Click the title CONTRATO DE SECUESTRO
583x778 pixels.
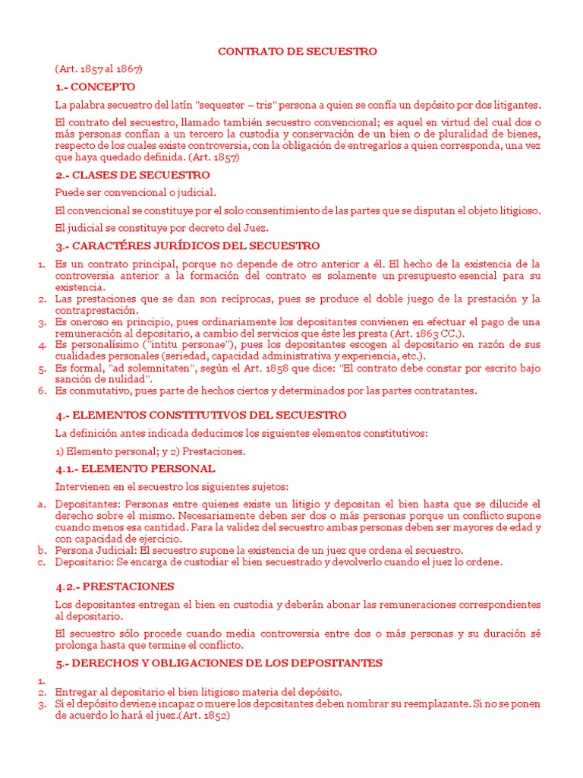[x=298, y=51]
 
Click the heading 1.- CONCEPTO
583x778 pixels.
[x=95, y=87]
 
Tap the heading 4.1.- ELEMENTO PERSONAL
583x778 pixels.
[x=135, y=469]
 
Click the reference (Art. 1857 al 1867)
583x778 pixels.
[x=99, y=68]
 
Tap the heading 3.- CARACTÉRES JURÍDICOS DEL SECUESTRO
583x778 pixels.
[x=188, y=246]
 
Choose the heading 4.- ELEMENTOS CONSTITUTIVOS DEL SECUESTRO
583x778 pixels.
[x=200, y=416]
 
